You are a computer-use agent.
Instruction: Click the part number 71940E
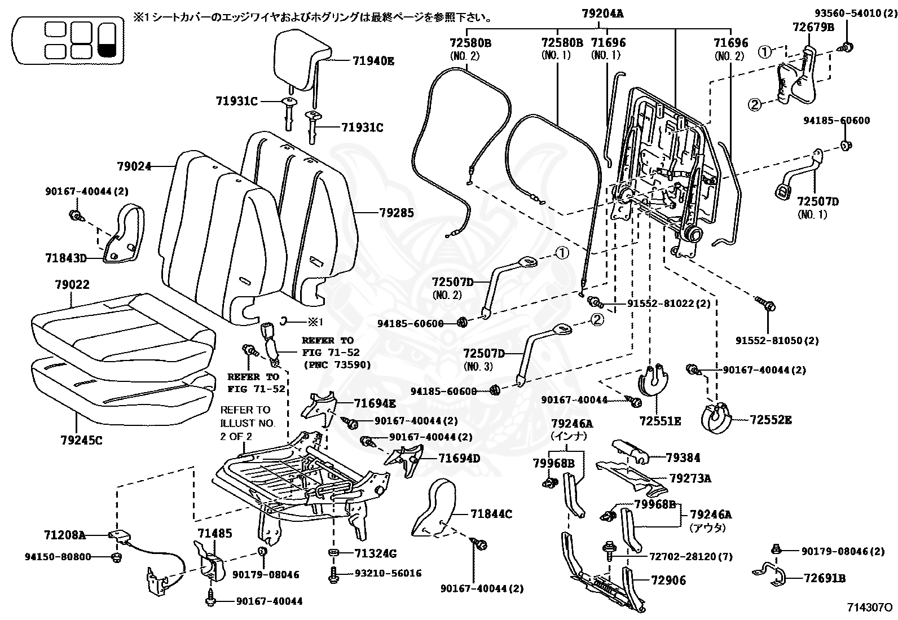pos(373,61)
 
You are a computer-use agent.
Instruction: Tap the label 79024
pos(134,166)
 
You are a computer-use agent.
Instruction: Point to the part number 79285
pos(397,213)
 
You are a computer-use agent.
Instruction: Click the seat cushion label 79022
pos(72,285)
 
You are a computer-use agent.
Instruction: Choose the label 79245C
pos(81,441)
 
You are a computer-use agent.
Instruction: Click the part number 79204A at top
pos(602,14)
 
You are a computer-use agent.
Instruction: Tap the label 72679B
pos(813,27)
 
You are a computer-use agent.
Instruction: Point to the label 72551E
pos(660,421)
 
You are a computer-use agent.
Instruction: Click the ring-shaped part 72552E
pos(716,419)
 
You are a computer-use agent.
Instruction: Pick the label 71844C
pos(491,514)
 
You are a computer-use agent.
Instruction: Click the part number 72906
pos(668,581)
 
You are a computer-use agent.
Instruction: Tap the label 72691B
pos(825,578)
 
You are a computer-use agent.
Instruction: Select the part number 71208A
pos(64,535)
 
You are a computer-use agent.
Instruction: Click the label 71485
pos(214,533)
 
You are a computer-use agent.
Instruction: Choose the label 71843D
pos(66,258)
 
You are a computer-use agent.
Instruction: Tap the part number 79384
pos(683,458)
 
